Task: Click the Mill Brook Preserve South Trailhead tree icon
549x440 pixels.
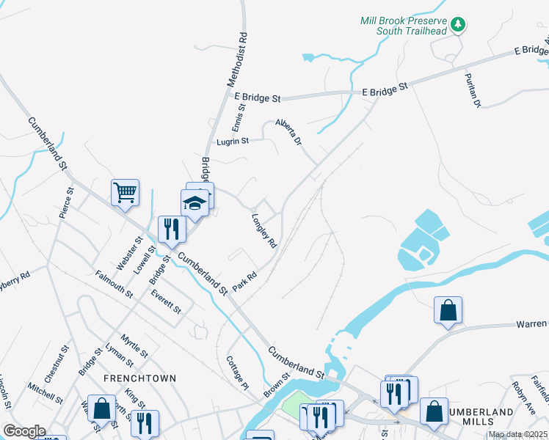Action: [459, 25]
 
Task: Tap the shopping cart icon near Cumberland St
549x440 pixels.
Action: [125, 193]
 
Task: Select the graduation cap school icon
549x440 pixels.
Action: [194, 202]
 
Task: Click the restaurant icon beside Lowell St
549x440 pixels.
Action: [170, 229]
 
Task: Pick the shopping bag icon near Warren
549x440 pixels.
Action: [448, 310]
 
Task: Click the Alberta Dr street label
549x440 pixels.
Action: [288, 131]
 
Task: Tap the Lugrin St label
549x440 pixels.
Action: [233, 141]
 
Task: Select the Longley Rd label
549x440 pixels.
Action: [264, 230]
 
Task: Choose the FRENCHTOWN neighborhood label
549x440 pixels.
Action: [139, 378]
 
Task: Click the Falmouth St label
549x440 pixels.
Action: [114, 284]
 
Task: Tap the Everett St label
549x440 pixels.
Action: [166, 301]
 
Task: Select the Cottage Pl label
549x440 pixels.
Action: [238, 373]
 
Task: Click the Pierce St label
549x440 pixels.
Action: [67, 203]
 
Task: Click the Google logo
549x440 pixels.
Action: [23, 431]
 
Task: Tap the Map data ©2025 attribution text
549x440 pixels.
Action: [517, 435]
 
